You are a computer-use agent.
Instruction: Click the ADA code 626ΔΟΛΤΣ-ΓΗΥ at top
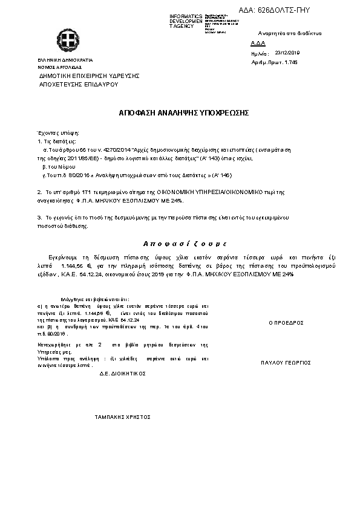pyautogui.click(x=283, y=11)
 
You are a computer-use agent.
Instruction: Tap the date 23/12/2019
pyautogui.click(x=287, y=53)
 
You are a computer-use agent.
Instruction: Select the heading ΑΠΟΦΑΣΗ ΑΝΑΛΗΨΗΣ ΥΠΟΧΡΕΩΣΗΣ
pyautogui.click(x=180, y=113)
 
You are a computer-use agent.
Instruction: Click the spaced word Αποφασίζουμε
pyautogui.click(x=184, y=243)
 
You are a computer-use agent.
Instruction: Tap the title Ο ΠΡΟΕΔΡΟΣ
pyautogui.click(x=286, y=323)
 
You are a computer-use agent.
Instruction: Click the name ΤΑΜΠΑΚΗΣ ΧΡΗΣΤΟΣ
pyautogui.click(x=123, y=417)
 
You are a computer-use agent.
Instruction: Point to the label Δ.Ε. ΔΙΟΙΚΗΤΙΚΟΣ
pyautogui.click(x=123, y=374)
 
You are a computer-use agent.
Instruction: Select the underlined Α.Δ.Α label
pyautogui.click(x=258, y=44)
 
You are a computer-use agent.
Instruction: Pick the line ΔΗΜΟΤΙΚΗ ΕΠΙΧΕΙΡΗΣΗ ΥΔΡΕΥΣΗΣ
pyautogui.click(x=90, y=76)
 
